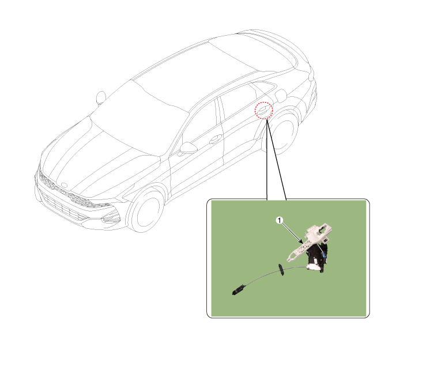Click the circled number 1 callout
click(x=280, y=220)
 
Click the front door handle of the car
click(x=216, y=139)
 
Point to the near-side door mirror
click(x=188, y=148)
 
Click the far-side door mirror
click(x=101, y=97)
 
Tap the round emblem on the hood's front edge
click(x=65, y=185)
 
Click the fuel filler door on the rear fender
click(x=281, y=96)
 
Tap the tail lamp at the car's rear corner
click(x=312, y=74)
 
